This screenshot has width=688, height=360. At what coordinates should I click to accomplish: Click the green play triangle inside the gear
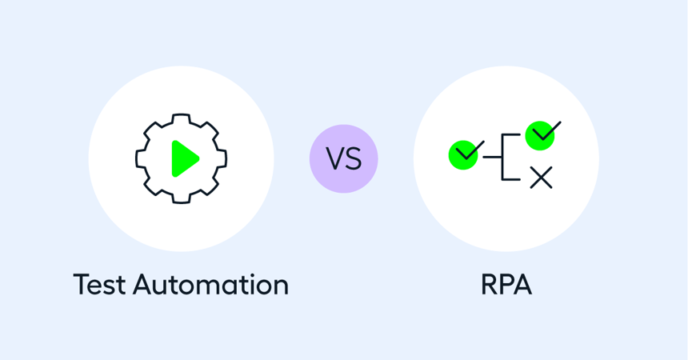pyautogui.click(x=183, y=158)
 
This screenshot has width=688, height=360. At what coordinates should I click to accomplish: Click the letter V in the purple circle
pyautogui.click(x=334, y=159)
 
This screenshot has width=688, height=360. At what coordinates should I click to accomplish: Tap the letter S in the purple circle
pyautogui.click(x=354, y=159)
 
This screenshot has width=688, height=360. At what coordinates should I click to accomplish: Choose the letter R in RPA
pyautogui.click(x=489, y=284)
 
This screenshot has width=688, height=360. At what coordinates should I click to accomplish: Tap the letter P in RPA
pyautogui.click(x=506, y=284)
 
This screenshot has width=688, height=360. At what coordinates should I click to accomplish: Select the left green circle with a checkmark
pyautogui.click(x=463, y=154)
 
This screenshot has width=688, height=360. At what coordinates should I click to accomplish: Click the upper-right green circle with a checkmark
pyautogui.click(x=540, y=135)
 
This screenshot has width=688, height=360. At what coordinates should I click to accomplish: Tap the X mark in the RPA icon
pyautogui.click(x=542, y=178)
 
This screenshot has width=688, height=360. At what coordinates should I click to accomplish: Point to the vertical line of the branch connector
pyautogui.click(x=502, y=157)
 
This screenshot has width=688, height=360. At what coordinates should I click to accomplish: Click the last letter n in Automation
pyautogui.click(x=278, y=286)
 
